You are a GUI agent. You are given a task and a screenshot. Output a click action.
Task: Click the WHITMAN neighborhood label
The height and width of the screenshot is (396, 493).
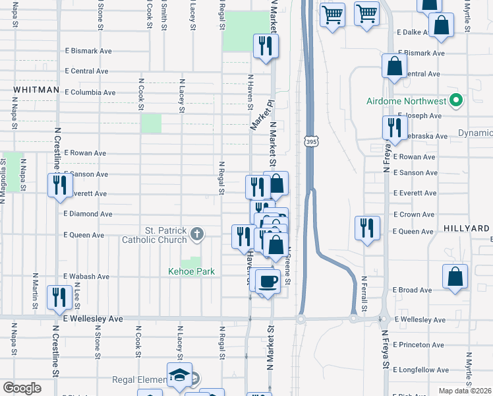click(36, 89)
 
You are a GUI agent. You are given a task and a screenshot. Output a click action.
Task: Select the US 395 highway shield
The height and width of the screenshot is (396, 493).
click(310, 141)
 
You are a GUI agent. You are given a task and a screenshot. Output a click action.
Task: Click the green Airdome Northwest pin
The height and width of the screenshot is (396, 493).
click(455, 102)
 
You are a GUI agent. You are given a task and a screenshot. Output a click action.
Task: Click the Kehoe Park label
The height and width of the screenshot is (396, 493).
click(191, 271)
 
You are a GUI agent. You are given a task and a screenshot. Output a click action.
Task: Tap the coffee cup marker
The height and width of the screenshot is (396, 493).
click(268, 281)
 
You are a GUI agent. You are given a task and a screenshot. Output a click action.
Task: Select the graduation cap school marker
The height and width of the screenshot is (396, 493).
click(179, 376)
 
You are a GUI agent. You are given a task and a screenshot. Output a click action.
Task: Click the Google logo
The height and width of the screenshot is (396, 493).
click(22, 388)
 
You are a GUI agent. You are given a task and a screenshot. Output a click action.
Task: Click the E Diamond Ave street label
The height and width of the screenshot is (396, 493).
click(88, 214)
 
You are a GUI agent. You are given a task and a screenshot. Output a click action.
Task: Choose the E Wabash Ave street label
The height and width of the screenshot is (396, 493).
click(86, 277)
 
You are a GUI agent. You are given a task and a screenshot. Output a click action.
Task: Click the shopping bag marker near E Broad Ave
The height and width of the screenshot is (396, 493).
click(455, 277)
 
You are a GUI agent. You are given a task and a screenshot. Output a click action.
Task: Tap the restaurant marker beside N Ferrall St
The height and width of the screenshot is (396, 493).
click(366, 226)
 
